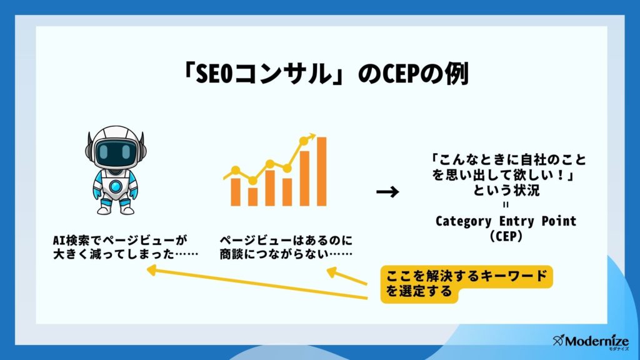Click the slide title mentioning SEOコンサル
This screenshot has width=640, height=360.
coord(325,74)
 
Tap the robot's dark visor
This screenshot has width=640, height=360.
coord(116,152)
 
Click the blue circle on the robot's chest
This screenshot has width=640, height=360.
coord(116,186)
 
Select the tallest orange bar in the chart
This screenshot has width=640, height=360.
coord(322,171)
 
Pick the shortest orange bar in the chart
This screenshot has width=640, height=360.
coord(252,197)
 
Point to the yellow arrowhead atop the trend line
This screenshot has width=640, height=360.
coord(312,136)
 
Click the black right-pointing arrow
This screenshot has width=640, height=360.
coord(387,191)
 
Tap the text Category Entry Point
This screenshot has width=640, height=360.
coord(506,221)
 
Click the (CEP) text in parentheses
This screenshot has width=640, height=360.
coord(506,236)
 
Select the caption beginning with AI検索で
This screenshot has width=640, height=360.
coord(125,247)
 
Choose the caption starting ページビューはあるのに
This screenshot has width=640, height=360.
coord(286,247)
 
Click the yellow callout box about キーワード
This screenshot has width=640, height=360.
coord(466,284)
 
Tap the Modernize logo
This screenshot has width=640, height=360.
coord(591,341)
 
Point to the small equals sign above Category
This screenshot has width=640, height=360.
coord(506,205)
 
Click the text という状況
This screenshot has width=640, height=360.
coord(506,190)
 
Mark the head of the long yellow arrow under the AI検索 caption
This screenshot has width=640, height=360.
coord(152,269)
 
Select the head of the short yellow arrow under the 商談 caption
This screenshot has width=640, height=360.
coord(332,272)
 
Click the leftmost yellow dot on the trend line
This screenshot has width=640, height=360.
coord(236,170)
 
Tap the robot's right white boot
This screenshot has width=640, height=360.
coord(126,208)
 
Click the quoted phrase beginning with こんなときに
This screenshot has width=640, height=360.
coord(509,167)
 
